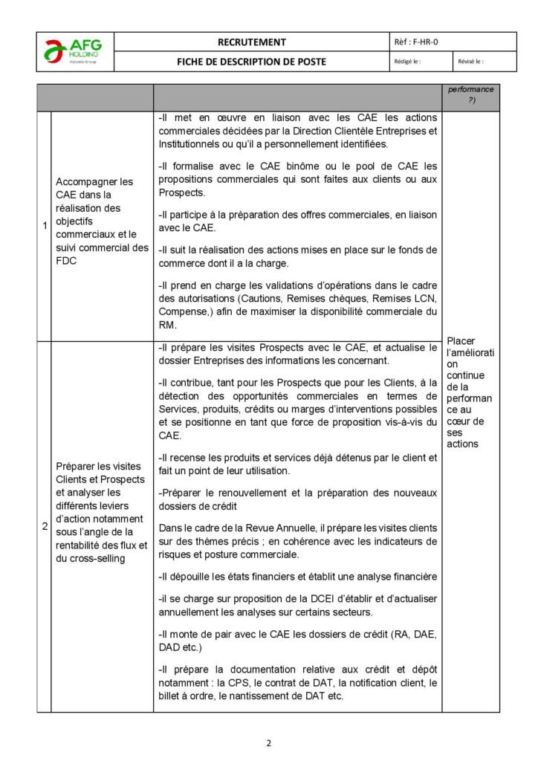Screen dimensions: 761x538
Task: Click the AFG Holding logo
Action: (76, 51)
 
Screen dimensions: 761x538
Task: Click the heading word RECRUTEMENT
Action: (251, 42)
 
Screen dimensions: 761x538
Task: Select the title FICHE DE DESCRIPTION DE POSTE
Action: (251, 62)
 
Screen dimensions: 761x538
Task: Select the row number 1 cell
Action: (44, 225)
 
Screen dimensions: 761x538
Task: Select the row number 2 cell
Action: (44, 526)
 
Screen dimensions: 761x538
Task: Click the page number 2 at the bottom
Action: (269, 742)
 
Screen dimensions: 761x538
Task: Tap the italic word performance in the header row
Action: (471, 89)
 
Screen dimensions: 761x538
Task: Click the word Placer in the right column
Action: (461, 341)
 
